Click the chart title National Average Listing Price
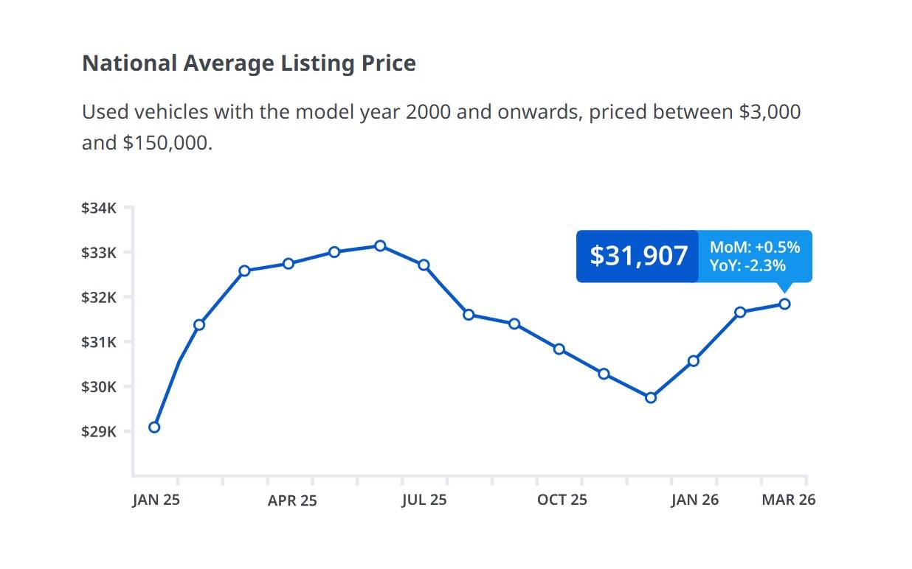(x=249, y=63)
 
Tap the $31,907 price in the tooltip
(x=638, y=256)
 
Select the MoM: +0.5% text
(x=755, y=248)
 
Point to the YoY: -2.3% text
(x=747, y=265)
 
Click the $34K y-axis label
(x=99, y=209)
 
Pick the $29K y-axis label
(x=99, y=431)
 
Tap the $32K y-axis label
(x=99, y=298)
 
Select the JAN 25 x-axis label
(x=156, y=500)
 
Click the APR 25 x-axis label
(x=292, y=500)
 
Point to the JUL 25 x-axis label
(x=424, y=500)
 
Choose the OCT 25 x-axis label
(x=562, y=500)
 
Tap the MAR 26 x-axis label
(x=789, y=500)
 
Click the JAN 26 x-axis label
(x=694, y=500)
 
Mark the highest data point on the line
(x=380, y=245)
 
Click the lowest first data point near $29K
(x=154, y=427)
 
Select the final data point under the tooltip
(x=784, y=304)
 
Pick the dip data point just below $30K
(x=651, y=398)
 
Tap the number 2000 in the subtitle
(x=428, y=112)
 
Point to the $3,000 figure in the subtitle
(x=770, y=112)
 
